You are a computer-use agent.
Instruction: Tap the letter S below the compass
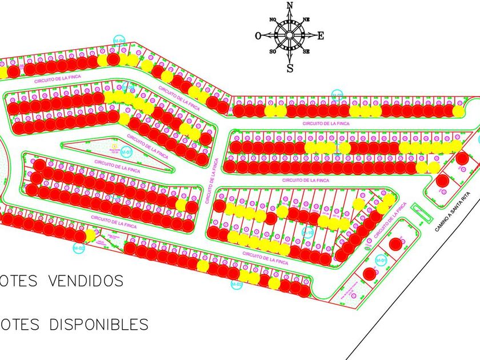point(290,69)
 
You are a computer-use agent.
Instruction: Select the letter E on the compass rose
point(321,35)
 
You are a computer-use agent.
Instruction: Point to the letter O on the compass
point(258,35)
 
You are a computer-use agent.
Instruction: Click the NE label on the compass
point(306,19)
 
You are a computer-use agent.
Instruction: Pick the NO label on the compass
point(273,19)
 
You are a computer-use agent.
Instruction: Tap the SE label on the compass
point(306,52)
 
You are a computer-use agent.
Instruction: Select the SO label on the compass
point(273,52)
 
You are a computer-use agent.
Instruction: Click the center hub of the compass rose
point(290,35)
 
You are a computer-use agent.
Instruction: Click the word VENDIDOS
point(86,281)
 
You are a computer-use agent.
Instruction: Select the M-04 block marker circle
point(381,260)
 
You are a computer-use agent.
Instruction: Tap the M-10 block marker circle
point(307,233)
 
